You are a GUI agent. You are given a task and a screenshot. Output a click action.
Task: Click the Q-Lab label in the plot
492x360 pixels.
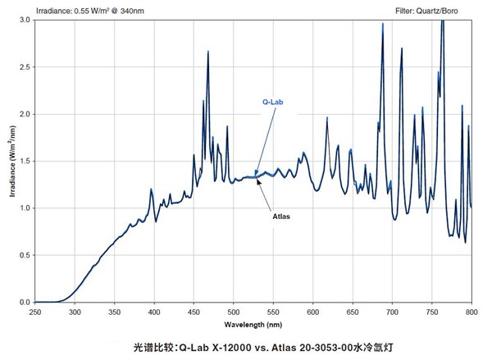pyautogui.click(x=272, y=103)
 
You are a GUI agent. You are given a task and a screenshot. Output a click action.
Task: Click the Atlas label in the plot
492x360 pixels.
pyautogui.click(x=280, y=217)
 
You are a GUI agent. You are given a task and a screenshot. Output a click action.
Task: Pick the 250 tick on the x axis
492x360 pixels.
pyautogui.click(x=35, y=311)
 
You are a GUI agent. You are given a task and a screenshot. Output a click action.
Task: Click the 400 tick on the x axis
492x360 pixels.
pyautogui.click(x=154, y=311)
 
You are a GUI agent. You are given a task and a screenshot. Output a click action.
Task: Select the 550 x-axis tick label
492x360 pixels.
pyautogui.click(x=273, y=311)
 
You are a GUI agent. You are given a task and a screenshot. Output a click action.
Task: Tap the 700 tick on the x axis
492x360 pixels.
pyautogui.click(x=393, y=311)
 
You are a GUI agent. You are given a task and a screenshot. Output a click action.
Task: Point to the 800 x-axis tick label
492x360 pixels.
pyautogui.click(x=471, y=311)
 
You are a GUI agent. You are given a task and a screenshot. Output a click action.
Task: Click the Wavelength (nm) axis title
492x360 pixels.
pyautogui.click(x=253, y=322)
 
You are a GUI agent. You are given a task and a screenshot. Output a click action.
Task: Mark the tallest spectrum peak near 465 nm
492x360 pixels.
pyautogui.click(x=208, y=52)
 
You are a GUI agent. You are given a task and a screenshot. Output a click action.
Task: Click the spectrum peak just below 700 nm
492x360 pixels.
pyautogui.click(x=383, y=25)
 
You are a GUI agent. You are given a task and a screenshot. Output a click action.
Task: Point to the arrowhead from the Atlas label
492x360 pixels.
pyautogui.click(x=258, y=180)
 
